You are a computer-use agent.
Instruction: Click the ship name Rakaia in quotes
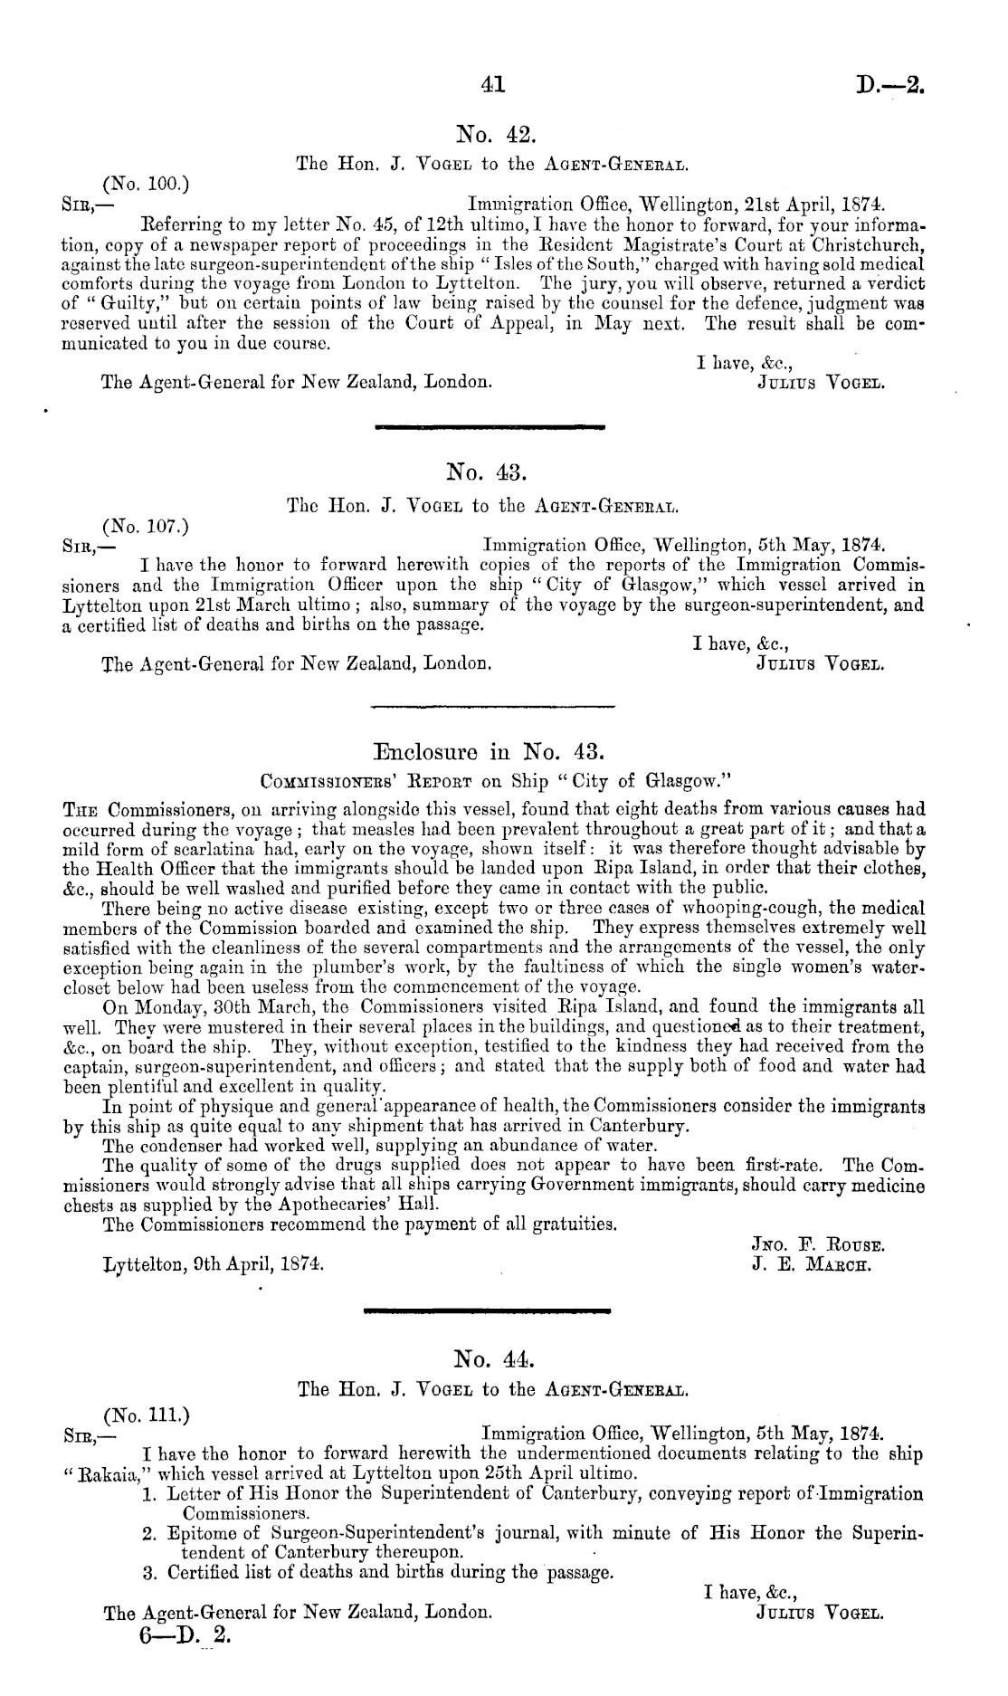point(102,1475)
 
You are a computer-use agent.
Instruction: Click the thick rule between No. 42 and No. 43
point(490,424)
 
